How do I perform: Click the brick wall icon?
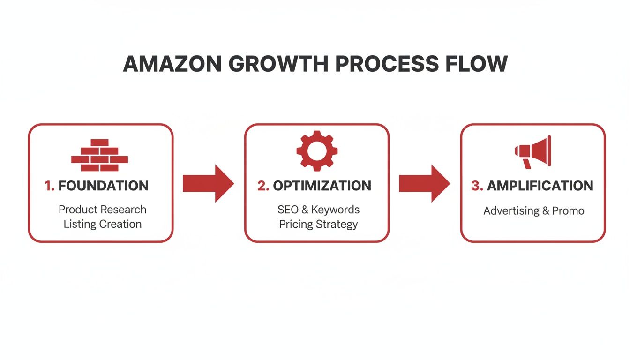pyautogui.click(x=99, y=155)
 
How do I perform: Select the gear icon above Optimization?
pyautogui.click(x=317, y=150)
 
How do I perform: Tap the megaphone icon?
pyautogui.click(x=533, y=151)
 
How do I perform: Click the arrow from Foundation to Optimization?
pyautogui.click(x=208, y=183)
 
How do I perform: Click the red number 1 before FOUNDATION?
pyautogui.click(x=49, y=186)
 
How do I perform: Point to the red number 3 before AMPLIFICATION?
pyautogui.click(x=476, y=186)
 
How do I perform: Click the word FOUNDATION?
pyautogui.click(x=104, y=186)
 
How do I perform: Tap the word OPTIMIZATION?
pyautogui.click(x=322, y=186)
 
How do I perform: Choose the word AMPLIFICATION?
pyautogui.click(x=540, y=186)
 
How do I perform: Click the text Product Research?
pyautogui.click(x=102, y=210)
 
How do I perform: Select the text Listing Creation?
pyautogui.click(x=102, y=224)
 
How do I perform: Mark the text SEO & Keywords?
pyautogui.click(x=318, y=210)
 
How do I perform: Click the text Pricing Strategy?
pyautogui.click(x=318, y=224)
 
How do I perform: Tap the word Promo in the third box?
pyautogui.click(x=568, y=210)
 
